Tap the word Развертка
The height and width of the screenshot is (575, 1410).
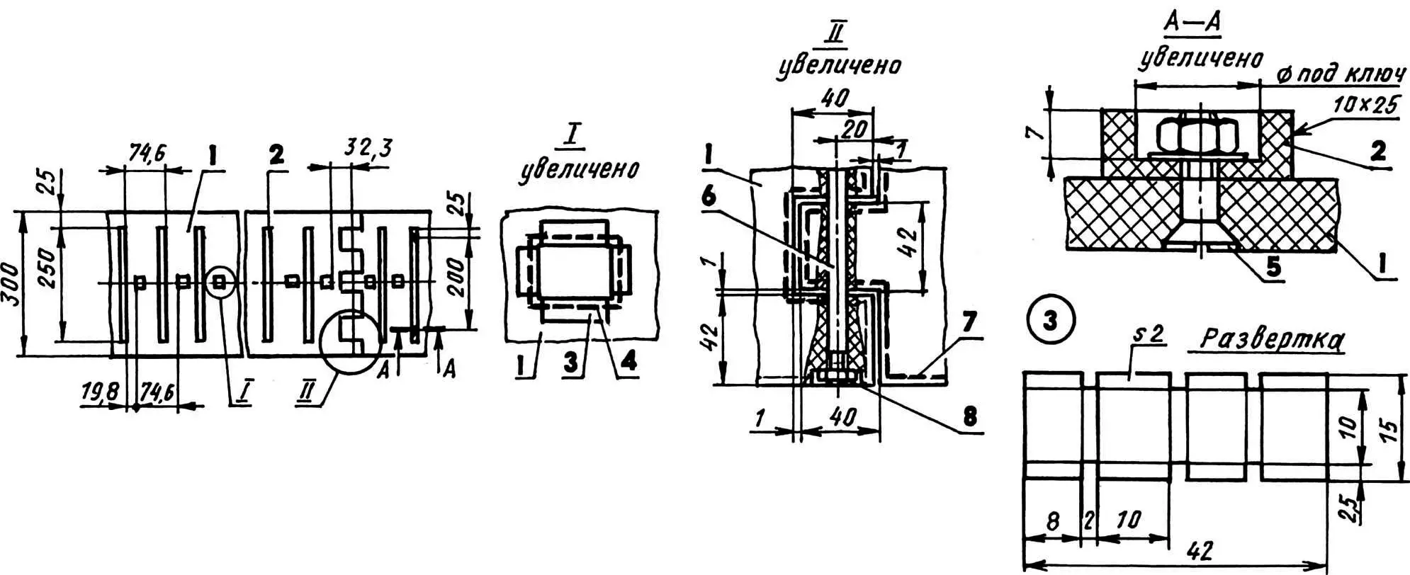(1272, 341)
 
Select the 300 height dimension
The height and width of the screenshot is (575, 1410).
(11, 284)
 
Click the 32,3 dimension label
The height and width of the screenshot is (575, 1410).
(367, 149)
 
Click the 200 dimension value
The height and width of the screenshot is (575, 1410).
(458, 278)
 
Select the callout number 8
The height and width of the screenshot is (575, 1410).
(969, 416)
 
